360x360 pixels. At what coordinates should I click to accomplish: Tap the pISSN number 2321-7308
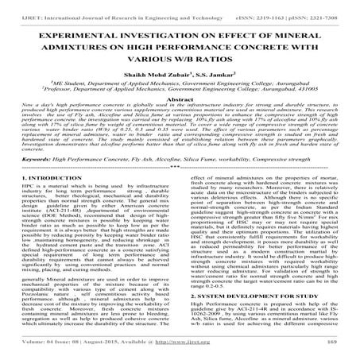pyautogui.click(x=326, y=8)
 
